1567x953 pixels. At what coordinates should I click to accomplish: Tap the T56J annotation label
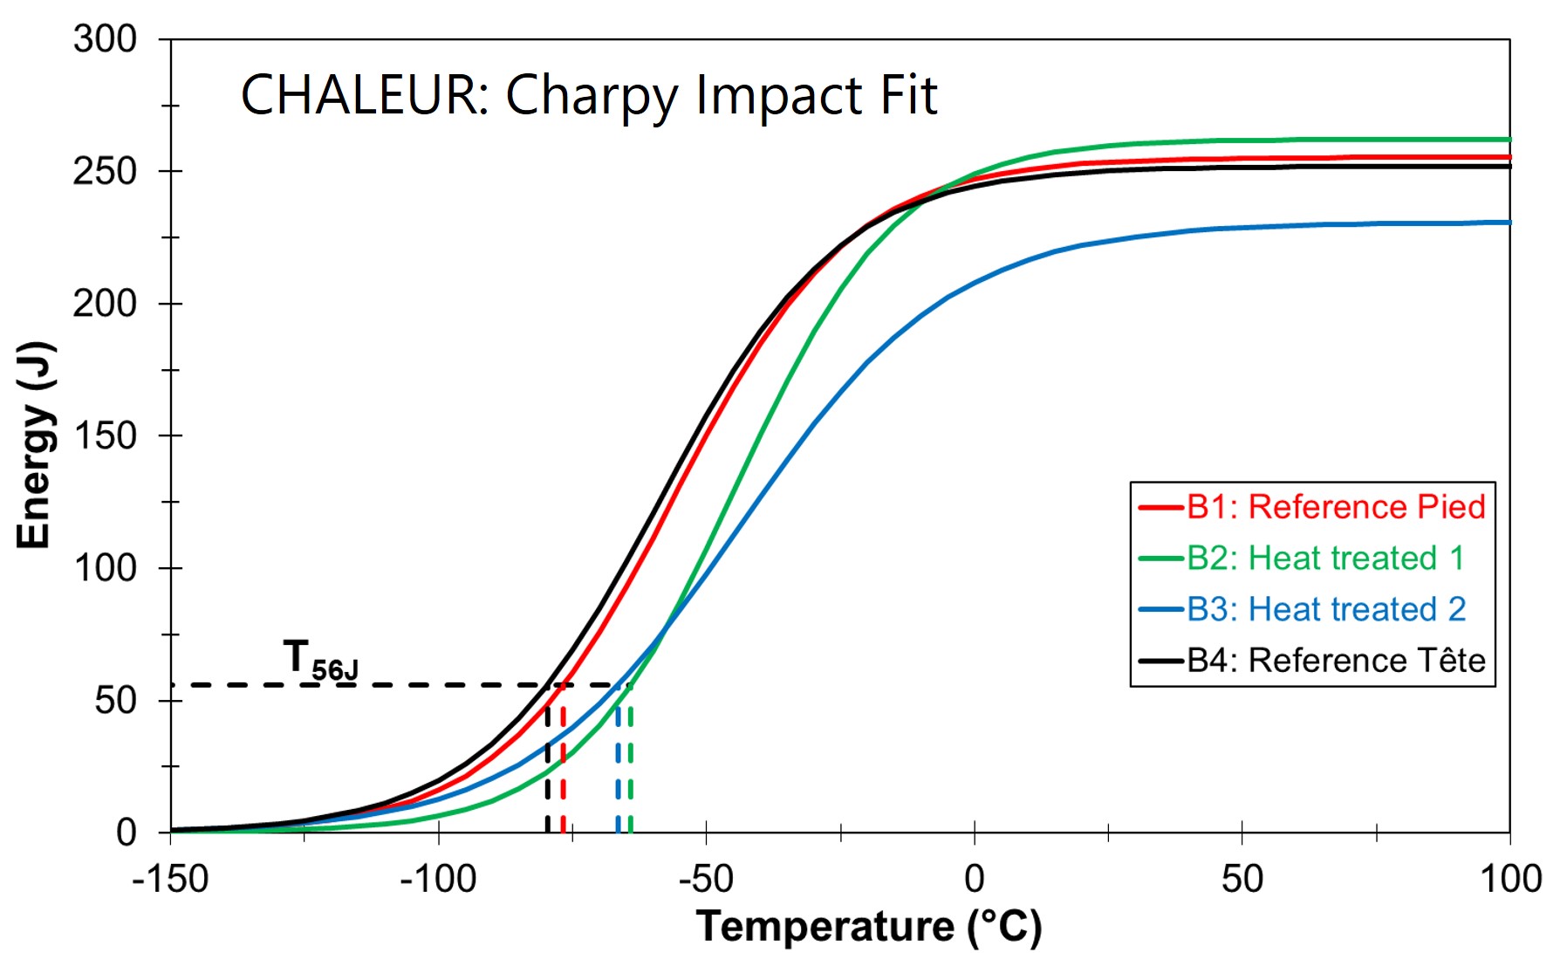[x=319, y=660]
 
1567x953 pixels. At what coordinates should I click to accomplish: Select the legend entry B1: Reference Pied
[x=1335, y=507]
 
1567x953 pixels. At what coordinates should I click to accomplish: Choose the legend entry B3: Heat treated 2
[x=1325, y=609]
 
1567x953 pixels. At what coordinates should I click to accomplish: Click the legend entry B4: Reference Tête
[x=1335, y=661]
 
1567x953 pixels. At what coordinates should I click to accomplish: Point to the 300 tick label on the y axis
[x=105, y=40]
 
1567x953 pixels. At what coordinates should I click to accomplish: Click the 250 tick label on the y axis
[x=105, y=172]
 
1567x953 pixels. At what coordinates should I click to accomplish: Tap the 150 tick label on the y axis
[x=105, y=436]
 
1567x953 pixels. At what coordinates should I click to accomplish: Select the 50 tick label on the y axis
[x=115, y=701]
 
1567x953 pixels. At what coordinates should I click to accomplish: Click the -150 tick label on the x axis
[x=170, y=879]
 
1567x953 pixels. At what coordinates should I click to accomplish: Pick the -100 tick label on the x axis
[x=437, y=879]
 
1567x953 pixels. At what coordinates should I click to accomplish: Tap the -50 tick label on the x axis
[x=705, y=879]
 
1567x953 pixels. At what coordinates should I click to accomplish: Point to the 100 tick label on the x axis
[x=1510, y=879]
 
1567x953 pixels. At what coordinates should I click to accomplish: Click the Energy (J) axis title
[x=36, y=445]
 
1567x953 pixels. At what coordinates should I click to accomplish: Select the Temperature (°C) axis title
[x=869, y=927]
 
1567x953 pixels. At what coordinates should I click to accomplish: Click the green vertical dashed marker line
[x=630, y=768]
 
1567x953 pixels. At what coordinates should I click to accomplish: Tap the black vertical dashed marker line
[x=547, y=768]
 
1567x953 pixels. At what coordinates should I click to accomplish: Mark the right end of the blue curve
[x=1509, y=223]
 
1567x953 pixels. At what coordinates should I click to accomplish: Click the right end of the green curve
[x=1509, y=140]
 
